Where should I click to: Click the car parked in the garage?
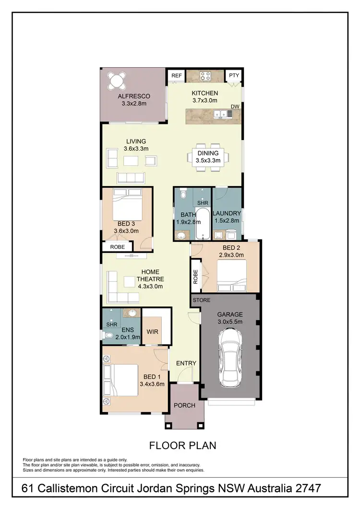[x=230, y=357]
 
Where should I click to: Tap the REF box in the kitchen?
[x=176, y=76]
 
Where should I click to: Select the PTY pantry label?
[x=234, y=76]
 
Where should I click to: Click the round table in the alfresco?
[x=118, y=80]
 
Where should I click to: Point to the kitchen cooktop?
[x=205, y=76]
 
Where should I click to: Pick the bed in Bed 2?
[x=233, y=276]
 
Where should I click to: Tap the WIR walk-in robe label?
[x=152, y=332]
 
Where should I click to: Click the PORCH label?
[x=184, y=405]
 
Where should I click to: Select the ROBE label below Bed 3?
[x=118, y=247]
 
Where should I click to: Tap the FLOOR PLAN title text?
[x=182, y=446]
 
